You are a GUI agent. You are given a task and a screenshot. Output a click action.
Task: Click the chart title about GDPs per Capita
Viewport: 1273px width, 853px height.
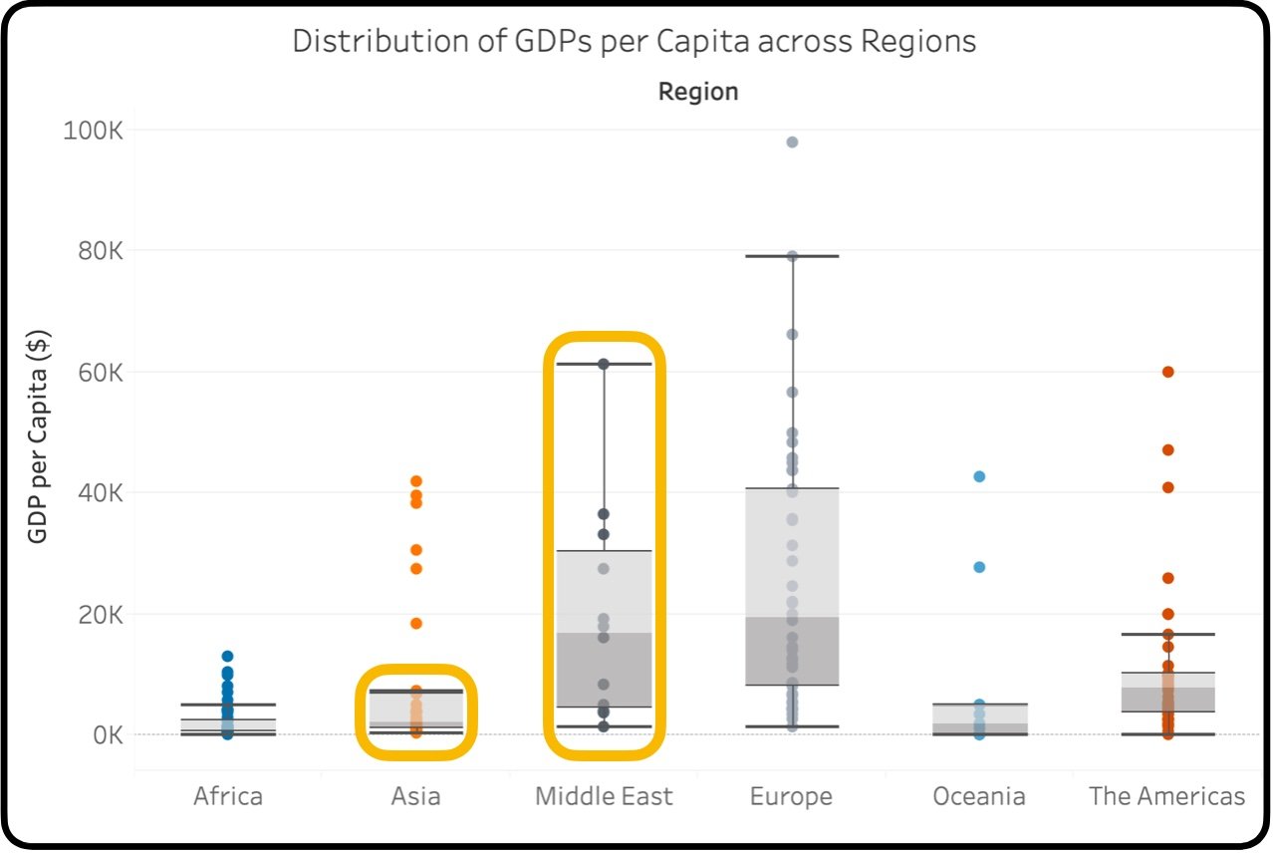(634, 42)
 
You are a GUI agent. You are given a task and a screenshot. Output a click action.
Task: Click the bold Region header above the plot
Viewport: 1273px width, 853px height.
(698, 92)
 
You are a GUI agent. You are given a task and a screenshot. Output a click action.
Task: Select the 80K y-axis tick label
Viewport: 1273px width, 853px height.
(99, 251)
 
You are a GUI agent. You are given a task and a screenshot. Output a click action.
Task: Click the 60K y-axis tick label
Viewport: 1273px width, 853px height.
(99, 373)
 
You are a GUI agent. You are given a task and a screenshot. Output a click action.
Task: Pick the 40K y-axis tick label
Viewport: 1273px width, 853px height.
(99, 493)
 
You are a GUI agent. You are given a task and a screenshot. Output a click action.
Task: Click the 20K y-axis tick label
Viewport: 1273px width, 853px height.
(99, 614)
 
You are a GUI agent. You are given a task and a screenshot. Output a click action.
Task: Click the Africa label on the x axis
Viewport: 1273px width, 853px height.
(228, 796)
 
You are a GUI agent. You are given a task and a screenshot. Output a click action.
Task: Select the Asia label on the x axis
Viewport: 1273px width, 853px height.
(415, 796)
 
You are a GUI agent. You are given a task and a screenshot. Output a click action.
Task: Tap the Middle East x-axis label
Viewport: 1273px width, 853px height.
(604, 796)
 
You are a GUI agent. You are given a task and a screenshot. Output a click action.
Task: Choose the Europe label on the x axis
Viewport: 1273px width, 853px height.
(792, 796)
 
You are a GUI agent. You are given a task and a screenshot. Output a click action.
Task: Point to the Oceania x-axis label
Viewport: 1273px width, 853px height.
(979, 796)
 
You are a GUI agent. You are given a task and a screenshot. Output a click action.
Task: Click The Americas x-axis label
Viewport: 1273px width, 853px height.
(1167, 796)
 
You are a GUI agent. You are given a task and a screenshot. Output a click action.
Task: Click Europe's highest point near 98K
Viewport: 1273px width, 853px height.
(792, 142)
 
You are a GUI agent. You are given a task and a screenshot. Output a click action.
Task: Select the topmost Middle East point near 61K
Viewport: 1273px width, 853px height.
(604, 364)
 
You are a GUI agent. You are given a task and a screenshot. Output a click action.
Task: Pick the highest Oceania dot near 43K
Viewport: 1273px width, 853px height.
(979, 476)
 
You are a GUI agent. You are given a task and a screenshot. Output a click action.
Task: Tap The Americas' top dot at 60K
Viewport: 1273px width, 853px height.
(1167, 372)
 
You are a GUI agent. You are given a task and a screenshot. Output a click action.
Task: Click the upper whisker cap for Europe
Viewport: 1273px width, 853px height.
(792, 256)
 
